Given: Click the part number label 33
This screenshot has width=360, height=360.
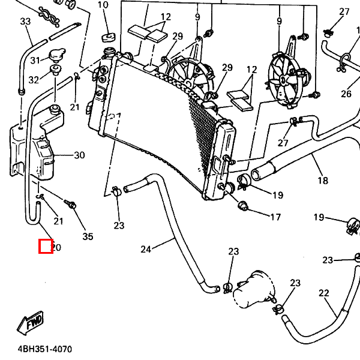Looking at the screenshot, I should [25, 22].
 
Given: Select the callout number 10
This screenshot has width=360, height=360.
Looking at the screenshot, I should [103, 5].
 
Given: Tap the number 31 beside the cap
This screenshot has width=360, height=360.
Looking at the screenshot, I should [35, 60].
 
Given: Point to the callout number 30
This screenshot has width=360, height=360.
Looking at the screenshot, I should [79, 155].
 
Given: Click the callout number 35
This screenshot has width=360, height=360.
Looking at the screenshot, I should [88, 236].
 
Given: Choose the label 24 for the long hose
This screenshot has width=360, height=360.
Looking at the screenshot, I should [146, 249].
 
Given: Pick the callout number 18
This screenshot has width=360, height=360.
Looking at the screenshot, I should [323, 181].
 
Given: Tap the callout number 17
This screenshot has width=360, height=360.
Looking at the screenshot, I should [275, 217].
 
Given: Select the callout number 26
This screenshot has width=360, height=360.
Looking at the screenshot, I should [346, 94].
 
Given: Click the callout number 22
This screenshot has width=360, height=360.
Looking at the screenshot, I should [324, 293].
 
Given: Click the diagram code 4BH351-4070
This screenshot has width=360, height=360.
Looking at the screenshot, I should [44, 349].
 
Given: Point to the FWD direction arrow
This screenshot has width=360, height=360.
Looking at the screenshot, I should [30, 323].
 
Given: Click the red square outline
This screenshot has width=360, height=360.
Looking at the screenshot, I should [46, 246].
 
